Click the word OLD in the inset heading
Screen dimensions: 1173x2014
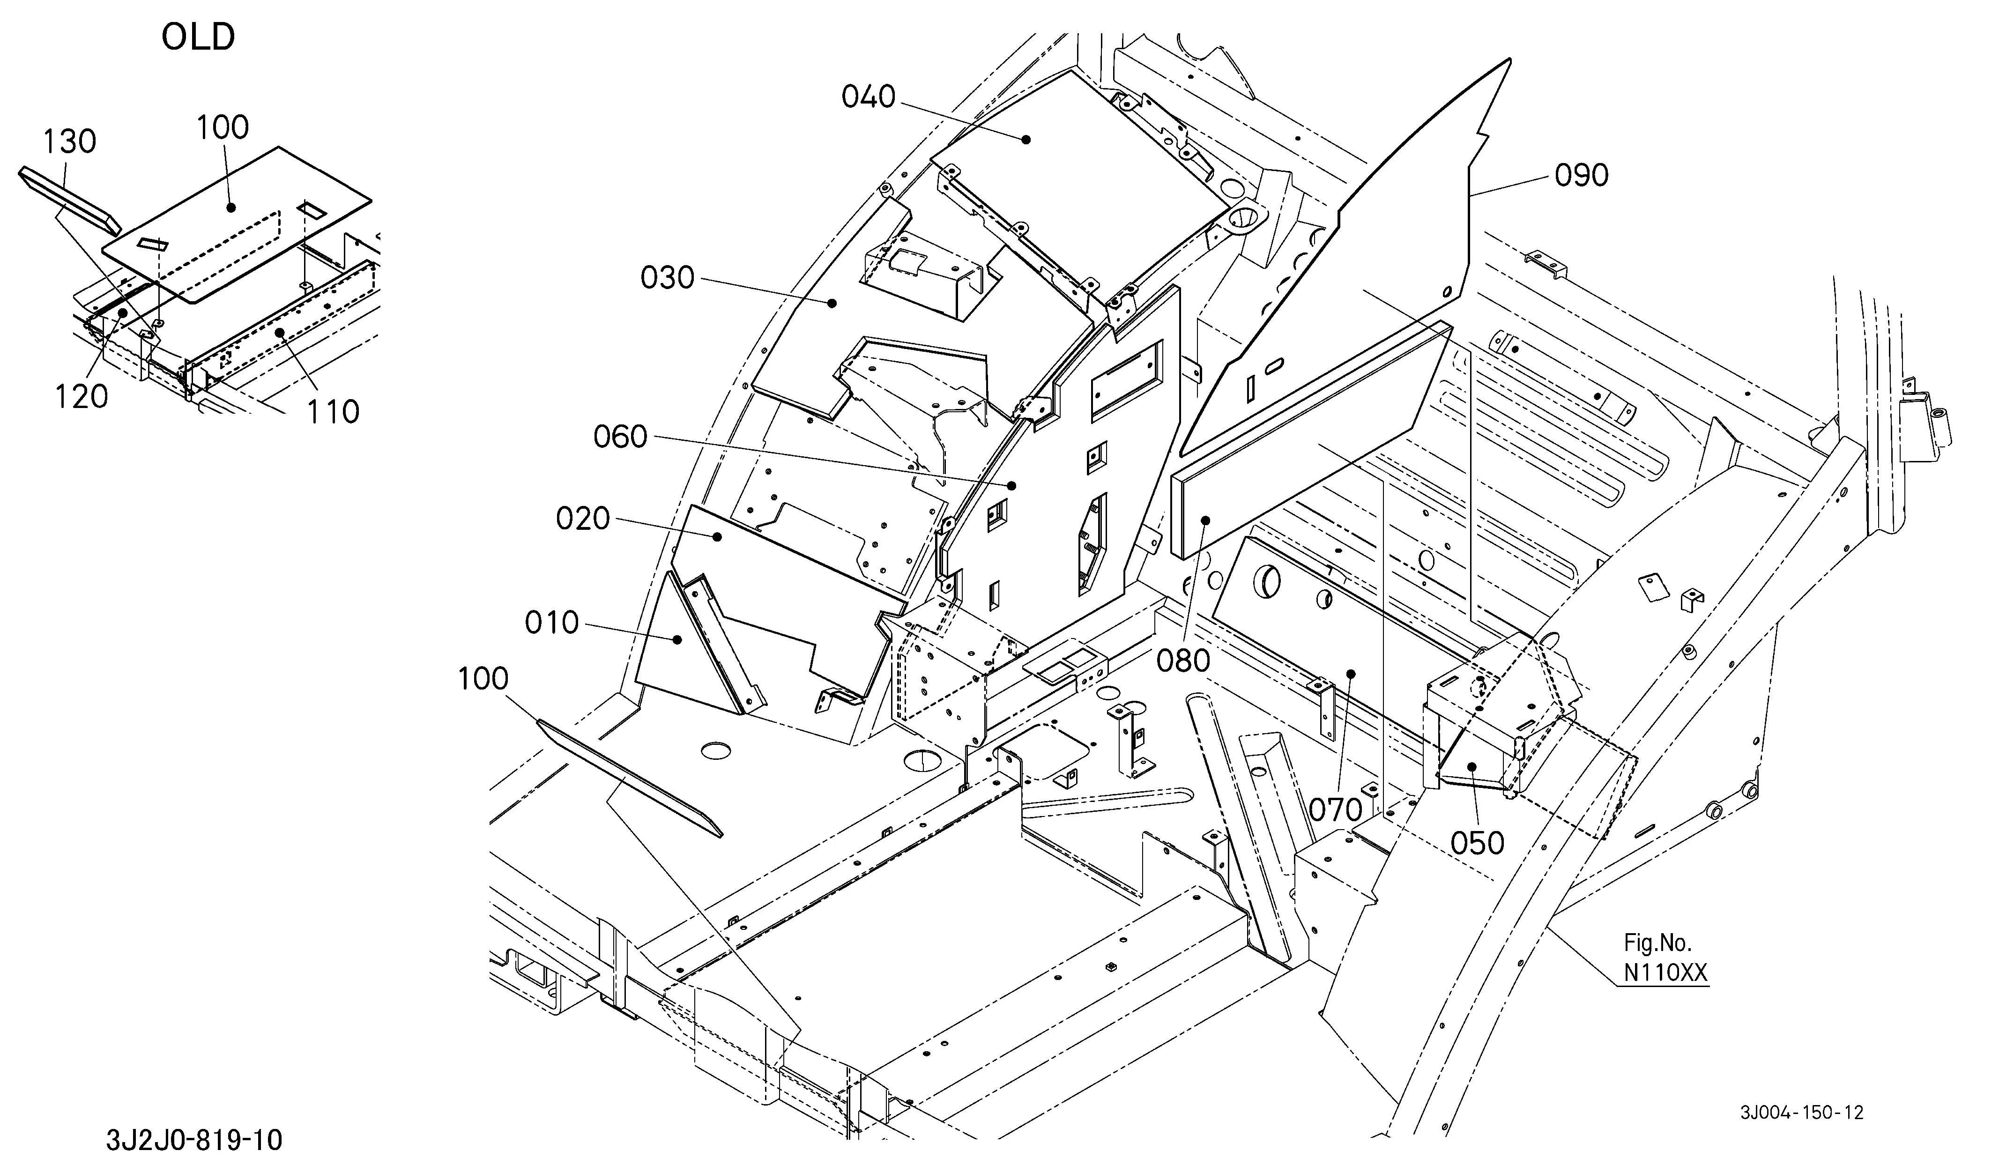pyautogui.click(x=198, y=37)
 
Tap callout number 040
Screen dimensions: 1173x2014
pyautogui.click(x=868, y=97)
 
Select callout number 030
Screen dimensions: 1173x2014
pyautogui.click(x=667, y=278)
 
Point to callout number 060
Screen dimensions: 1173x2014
pyautogui.click(x=620, y=437)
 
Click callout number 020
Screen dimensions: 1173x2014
pyautogui.click(x=583, y=520)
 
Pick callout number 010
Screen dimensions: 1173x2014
pyautogui.click(x=551, y=623)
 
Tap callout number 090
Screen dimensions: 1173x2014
pyautogui.click(x=1581, y=176)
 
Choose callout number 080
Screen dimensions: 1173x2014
pyautogui.click(x=1183, y=661)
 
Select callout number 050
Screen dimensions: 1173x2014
pyautogui.click(x=1477, y=843)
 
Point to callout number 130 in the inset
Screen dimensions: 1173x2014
pyautogui.click(x=69, y=142)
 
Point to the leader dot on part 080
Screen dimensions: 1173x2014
pyautogui.click(x=1205, y=520)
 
